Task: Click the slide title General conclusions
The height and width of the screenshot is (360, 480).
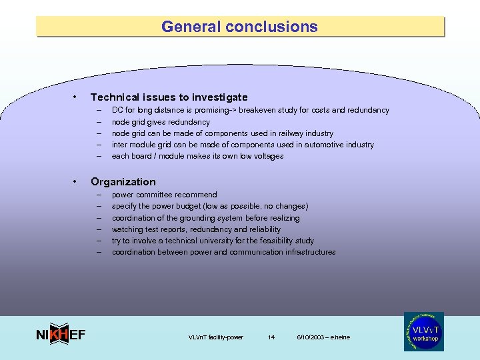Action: coord(239,27)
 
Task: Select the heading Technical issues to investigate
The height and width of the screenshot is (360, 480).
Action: coord(169,97)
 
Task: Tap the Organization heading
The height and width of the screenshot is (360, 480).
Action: coord(123,182)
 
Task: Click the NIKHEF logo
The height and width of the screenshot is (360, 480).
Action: coord(60,335)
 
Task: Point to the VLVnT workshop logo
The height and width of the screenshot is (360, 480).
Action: coord(423,331)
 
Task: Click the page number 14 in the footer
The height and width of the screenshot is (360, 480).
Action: coord(271,337)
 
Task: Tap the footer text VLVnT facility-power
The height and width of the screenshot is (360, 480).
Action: coord(216,337)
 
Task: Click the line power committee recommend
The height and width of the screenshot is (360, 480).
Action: coord(164,195)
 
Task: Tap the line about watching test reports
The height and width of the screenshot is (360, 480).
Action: coord(196,229)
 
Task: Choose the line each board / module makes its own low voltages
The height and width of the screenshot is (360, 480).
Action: coord(197,156)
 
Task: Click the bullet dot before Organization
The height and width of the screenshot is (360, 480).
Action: coord(78,182)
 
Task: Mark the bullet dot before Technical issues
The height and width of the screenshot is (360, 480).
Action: coord(78,97)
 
